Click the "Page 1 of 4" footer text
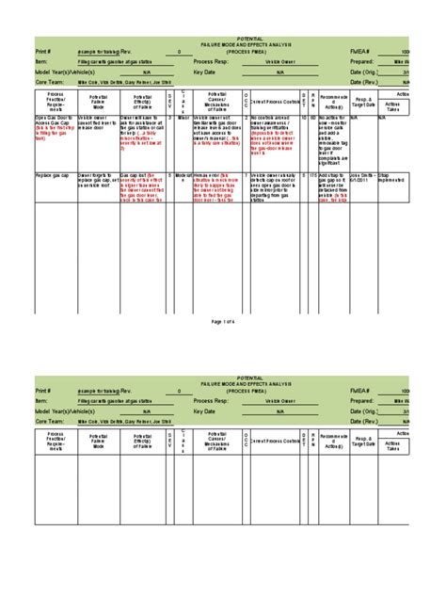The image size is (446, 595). click(x=222, y=320)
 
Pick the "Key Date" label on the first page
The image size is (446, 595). click(x=205, y=73)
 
